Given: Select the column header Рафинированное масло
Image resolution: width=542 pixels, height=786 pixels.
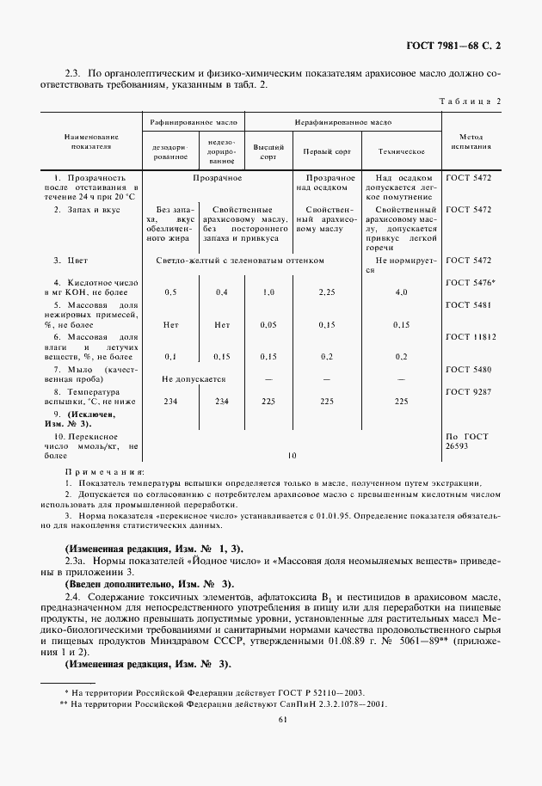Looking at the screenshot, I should point(194,124).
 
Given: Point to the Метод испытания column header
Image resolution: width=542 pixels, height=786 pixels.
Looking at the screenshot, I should point(470,142).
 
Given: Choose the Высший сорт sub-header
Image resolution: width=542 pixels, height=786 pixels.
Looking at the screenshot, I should point(268,151).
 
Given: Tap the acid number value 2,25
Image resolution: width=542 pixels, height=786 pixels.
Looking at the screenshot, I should point(326,292).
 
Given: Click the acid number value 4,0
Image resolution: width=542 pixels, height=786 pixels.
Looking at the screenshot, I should point(401,292).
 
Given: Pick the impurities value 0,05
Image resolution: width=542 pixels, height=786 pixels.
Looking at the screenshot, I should point(268,325).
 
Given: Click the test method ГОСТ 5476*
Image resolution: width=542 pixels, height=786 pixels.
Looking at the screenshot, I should point(471,281).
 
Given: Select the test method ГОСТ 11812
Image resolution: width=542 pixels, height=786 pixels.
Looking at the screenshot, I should point(471,337).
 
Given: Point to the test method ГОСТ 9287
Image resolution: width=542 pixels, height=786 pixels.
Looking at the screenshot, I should point(469,391).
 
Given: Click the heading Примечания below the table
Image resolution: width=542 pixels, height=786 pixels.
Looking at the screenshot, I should point(105,472).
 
